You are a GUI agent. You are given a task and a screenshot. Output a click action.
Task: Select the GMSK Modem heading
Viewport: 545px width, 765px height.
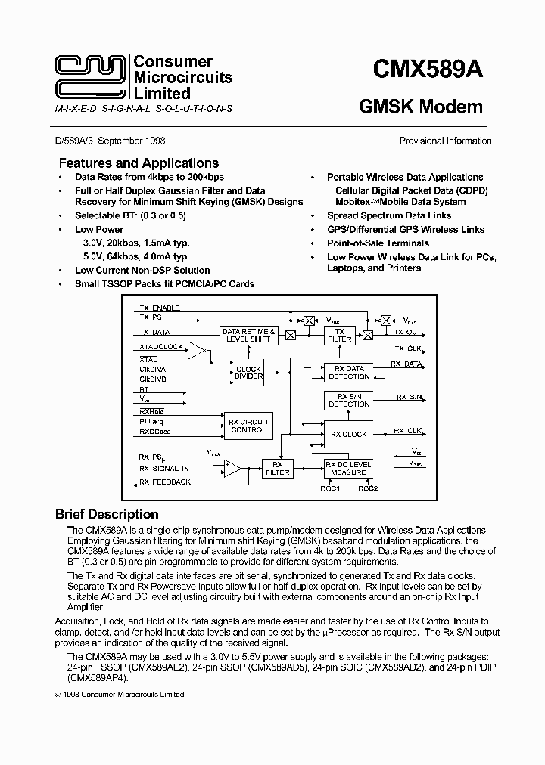(x=420, y=107)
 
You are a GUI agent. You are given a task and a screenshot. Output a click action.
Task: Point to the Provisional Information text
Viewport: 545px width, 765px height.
(x=445, y=141)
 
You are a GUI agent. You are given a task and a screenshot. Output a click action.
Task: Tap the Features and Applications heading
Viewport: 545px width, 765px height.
(x=139, y=163)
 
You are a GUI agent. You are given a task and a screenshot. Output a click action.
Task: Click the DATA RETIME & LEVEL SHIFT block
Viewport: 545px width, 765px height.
(x=248, y=335)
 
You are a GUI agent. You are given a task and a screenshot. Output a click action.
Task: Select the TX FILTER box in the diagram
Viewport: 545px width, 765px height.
(x=339, y=335)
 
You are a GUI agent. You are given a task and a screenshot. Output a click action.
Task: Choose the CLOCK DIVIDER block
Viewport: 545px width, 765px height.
(x=248, y=373)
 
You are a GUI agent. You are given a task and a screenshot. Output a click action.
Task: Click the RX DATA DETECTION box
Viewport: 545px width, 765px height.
(x=348, y=372)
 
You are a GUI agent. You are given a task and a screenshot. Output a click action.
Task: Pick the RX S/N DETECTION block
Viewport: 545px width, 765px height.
(x=348, y=400)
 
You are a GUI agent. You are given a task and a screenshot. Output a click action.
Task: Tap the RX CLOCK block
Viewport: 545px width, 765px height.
(x=348, y=435)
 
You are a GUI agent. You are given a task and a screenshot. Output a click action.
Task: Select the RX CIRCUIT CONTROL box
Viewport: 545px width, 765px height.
(x=248, y=426)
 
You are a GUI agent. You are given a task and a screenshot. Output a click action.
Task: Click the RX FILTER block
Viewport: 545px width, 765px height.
(x=277, y=468)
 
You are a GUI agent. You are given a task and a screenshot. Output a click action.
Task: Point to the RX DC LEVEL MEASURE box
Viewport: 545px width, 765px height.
(x=348, y=468)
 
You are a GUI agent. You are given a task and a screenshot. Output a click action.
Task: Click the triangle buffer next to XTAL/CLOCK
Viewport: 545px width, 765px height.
(x=197, y=350)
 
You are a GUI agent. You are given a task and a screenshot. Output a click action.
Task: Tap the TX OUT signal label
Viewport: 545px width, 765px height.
(x=408, y=332)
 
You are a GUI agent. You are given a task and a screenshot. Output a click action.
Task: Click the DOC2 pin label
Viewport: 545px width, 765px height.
(x=368, y=488)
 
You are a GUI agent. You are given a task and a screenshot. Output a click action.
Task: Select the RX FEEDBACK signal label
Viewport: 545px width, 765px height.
(x=164, y=482)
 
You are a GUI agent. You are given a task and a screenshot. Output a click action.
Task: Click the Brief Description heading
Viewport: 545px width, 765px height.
(x=107, y=514)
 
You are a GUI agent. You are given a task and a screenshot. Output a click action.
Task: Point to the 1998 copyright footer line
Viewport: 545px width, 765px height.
(x=119, y=694)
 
